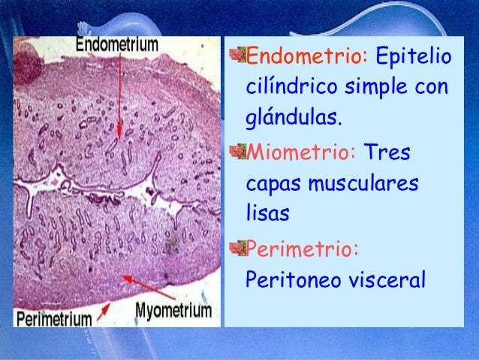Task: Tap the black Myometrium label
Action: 174,310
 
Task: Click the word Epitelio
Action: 412,56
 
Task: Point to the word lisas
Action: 267,214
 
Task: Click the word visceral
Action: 384,280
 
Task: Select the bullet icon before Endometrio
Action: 238,56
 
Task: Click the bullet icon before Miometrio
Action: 238,153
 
